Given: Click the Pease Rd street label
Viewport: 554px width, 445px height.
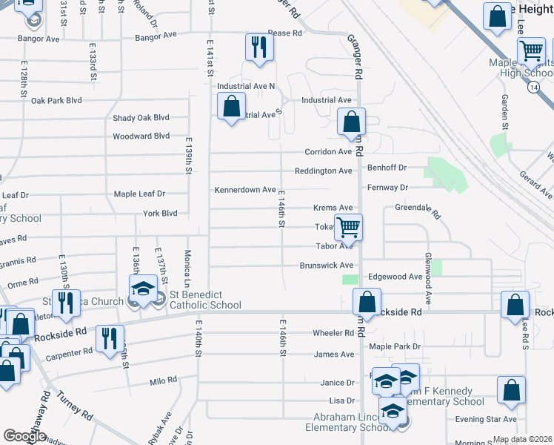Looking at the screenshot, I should coord(285,33).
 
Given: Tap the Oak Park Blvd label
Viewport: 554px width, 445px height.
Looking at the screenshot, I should coord(56,100).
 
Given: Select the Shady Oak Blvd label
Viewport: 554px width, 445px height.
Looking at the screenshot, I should coord(141,118).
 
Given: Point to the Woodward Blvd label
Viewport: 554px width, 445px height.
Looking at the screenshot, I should coord(141,136).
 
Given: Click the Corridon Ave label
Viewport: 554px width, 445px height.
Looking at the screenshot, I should coord(328,152).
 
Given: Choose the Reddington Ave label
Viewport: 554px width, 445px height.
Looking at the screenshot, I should coord(323,171).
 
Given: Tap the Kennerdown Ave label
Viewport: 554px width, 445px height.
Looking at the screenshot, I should coord(245,190).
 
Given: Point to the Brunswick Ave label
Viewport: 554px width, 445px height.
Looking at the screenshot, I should coord(326,265).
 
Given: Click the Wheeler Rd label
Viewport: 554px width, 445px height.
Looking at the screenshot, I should coord(333,333).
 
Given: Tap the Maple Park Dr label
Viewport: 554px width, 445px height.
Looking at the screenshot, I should coord(395,346).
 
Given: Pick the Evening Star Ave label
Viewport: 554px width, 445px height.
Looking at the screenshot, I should coord(480,419).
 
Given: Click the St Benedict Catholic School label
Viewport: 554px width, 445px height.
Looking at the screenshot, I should coord(205,299).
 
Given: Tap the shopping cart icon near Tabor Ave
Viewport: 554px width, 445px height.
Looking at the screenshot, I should coord(349,228).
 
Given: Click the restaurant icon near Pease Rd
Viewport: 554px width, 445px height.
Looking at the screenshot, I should coord(259,47).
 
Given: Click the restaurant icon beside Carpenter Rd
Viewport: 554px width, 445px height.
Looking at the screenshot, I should coord(111,338).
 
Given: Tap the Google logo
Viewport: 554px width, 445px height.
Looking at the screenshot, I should coord(24,436).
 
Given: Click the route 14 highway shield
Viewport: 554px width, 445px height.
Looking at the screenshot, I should coord(534,88).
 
